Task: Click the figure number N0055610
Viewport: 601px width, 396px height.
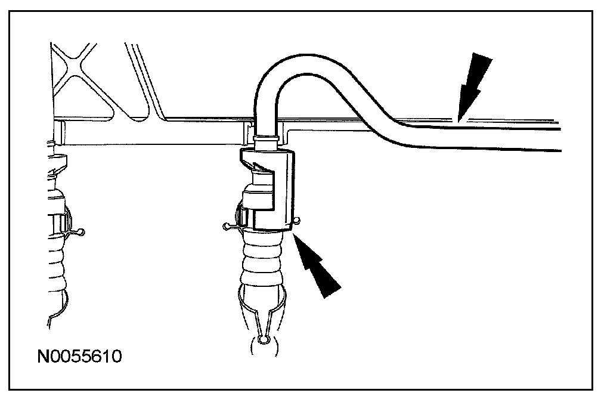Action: (79, 357)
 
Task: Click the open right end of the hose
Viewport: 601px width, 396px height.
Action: (559, 140)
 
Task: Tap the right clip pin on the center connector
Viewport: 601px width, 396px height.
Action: (296, 222)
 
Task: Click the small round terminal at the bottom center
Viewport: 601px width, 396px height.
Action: (264, 341)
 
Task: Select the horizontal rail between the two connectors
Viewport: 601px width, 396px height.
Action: (149, 134)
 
